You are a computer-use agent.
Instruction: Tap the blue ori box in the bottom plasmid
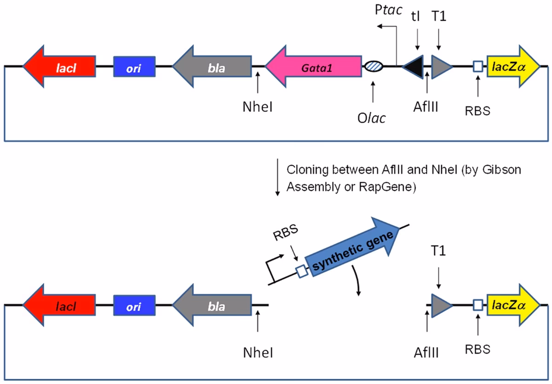pos(134,306)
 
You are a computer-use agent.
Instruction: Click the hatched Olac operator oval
pos(373,67)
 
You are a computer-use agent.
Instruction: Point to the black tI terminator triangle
pos(414,67)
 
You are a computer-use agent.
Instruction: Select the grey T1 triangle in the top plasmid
pos(441,67)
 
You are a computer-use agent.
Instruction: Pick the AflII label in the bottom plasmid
pos(426,352)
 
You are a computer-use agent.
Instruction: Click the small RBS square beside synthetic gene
pos(302,271)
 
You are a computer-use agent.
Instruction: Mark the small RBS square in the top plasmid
pos(478,67)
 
